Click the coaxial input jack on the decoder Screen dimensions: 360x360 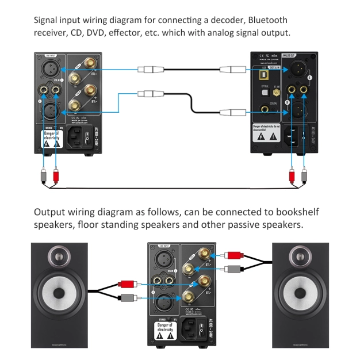[266, 108]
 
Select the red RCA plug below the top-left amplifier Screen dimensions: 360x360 [56, 173]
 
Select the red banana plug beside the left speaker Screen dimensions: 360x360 [127, 284]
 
